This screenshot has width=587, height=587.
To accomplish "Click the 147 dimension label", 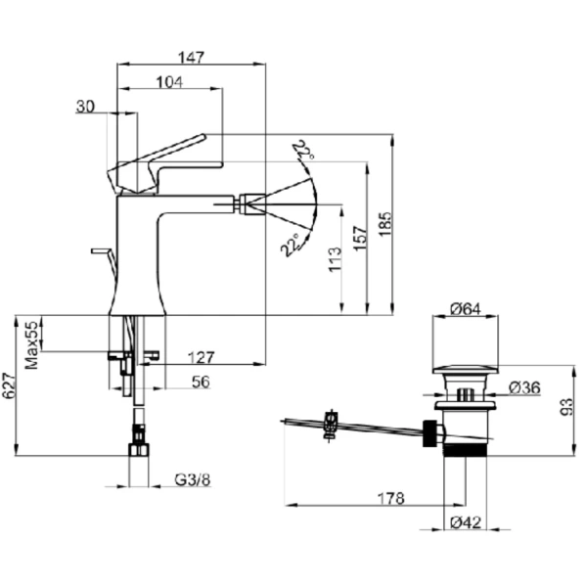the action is [191, 58].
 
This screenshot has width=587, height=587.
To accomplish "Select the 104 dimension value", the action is [169, 82].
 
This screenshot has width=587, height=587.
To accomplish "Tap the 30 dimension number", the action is [85, 107].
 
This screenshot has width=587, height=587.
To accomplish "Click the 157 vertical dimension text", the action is [360, 238].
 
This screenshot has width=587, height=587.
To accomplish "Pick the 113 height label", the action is [335, 259].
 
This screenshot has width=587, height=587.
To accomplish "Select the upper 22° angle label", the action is [303, 150].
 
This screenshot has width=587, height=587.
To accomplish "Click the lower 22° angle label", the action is [291, 246].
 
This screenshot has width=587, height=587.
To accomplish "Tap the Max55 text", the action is [32, 344].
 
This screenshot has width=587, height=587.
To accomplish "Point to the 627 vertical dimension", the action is [8, 385].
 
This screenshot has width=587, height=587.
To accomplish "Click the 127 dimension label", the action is [201, 357].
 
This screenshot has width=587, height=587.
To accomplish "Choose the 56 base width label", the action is [201, 382].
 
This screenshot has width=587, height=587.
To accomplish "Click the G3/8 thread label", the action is [193, 479].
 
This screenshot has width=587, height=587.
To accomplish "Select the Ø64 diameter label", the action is [466, 309].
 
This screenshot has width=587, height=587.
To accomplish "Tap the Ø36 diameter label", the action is [524, 387].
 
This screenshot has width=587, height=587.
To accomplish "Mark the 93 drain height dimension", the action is [566, 407].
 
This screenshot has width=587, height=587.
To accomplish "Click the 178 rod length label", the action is [390, 498].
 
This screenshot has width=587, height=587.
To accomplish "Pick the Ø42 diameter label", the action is [466, 522].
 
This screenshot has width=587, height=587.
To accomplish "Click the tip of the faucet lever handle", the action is [203, 137].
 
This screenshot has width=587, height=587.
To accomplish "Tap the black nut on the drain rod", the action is [430, 433].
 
